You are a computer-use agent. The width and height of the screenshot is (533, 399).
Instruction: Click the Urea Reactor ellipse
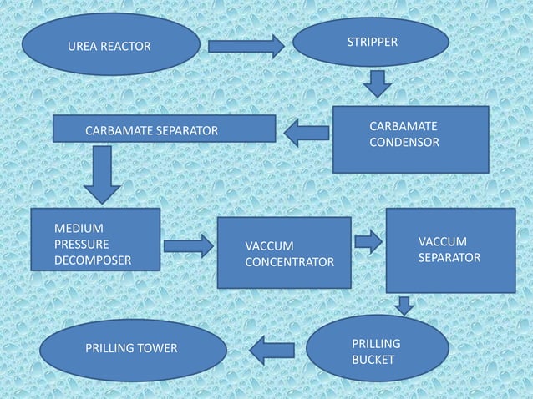111,44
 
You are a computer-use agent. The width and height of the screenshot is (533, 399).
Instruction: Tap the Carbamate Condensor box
410,139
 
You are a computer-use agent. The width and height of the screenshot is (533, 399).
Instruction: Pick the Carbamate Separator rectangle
164,129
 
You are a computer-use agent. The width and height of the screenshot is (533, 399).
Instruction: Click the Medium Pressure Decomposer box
95,243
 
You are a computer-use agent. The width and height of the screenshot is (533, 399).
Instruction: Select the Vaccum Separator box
450,250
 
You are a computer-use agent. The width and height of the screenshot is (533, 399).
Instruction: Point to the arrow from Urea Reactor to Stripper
246,45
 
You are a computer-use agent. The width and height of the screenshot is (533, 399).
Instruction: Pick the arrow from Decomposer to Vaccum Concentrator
188,245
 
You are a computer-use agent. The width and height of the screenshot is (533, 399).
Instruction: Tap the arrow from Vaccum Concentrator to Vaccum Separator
368,242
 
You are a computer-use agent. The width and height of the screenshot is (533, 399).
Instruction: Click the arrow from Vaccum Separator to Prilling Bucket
404,305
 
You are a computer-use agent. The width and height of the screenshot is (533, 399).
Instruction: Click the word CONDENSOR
404,142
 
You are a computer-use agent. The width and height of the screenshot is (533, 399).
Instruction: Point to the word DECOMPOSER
93,260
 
